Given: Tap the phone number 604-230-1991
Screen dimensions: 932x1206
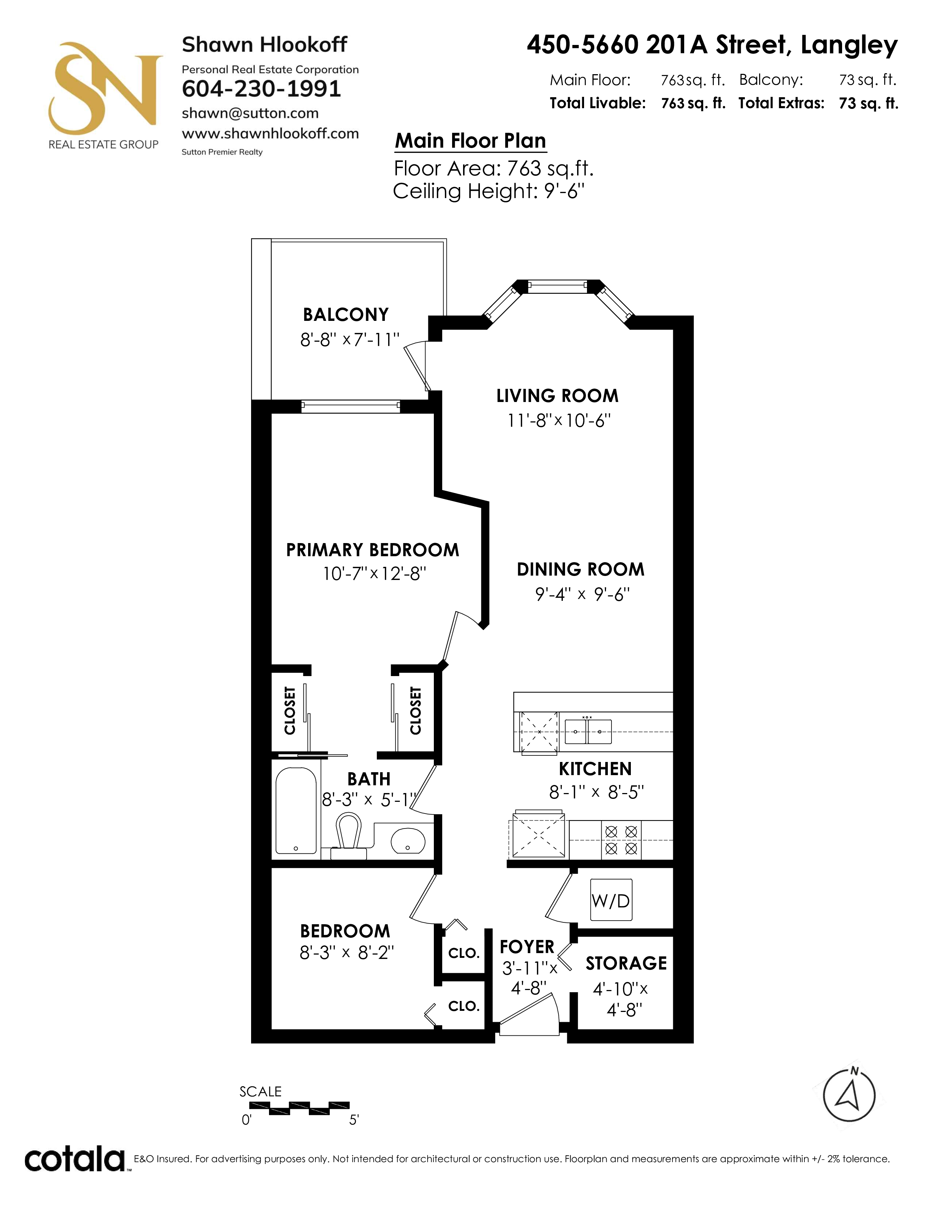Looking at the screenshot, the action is [x=261, y=89].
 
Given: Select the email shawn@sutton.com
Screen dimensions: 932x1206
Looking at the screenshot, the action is [x=250, y=113].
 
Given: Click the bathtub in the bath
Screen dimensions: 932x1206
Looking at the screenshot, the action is [x=296, y=811].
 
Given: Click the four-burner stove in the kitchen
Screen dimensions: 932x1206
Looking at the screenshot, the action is [x=621, y=840].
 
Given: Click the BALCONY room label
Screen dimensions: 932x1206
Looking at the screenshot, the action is [x=346, y=315].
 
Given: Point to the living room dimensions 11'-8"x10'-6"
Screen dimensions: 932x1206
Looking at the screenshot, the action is [x=559, y=421].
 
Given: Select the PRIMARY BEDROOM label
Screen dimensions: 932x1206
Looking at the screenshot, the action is [x=373, y=550].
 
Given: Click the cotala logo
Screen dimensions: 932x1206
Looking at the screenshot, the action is [x=75, y=1159].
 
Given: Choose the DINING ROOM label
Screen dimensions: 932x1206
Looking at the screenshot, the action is [x=580, y=569].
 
